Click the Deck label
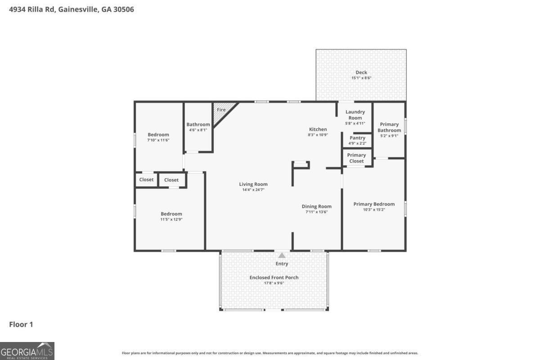coord(361,72)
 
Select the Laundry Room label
coord(355,115)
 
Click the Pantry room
coord(357,140)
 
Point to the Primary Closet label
coord(356,158)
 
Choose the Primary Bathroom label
coord(389,127)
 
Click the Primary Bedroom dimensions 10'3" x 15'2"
coord(374,209)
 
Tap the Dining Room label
coord(316,207)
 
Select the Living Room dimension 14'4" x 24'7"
coord(253,190)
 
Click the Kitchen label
coord(317,130)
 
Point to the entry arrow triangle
coord(282,255)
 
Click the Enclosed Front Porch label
coord(274,278)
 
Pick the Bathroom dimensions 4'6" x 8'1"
coord(198,130)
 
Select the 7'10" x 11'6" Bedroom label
coord(158,135)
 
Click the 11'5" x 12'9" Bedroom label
coord(171,214)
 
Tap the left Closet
coord(146,180)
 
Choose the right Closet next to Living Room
coord(171,180)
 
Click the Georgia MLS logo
coord(27,351)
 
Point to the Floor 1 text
coord(21,324)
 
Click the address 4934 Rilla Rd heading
coord(72,9)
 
